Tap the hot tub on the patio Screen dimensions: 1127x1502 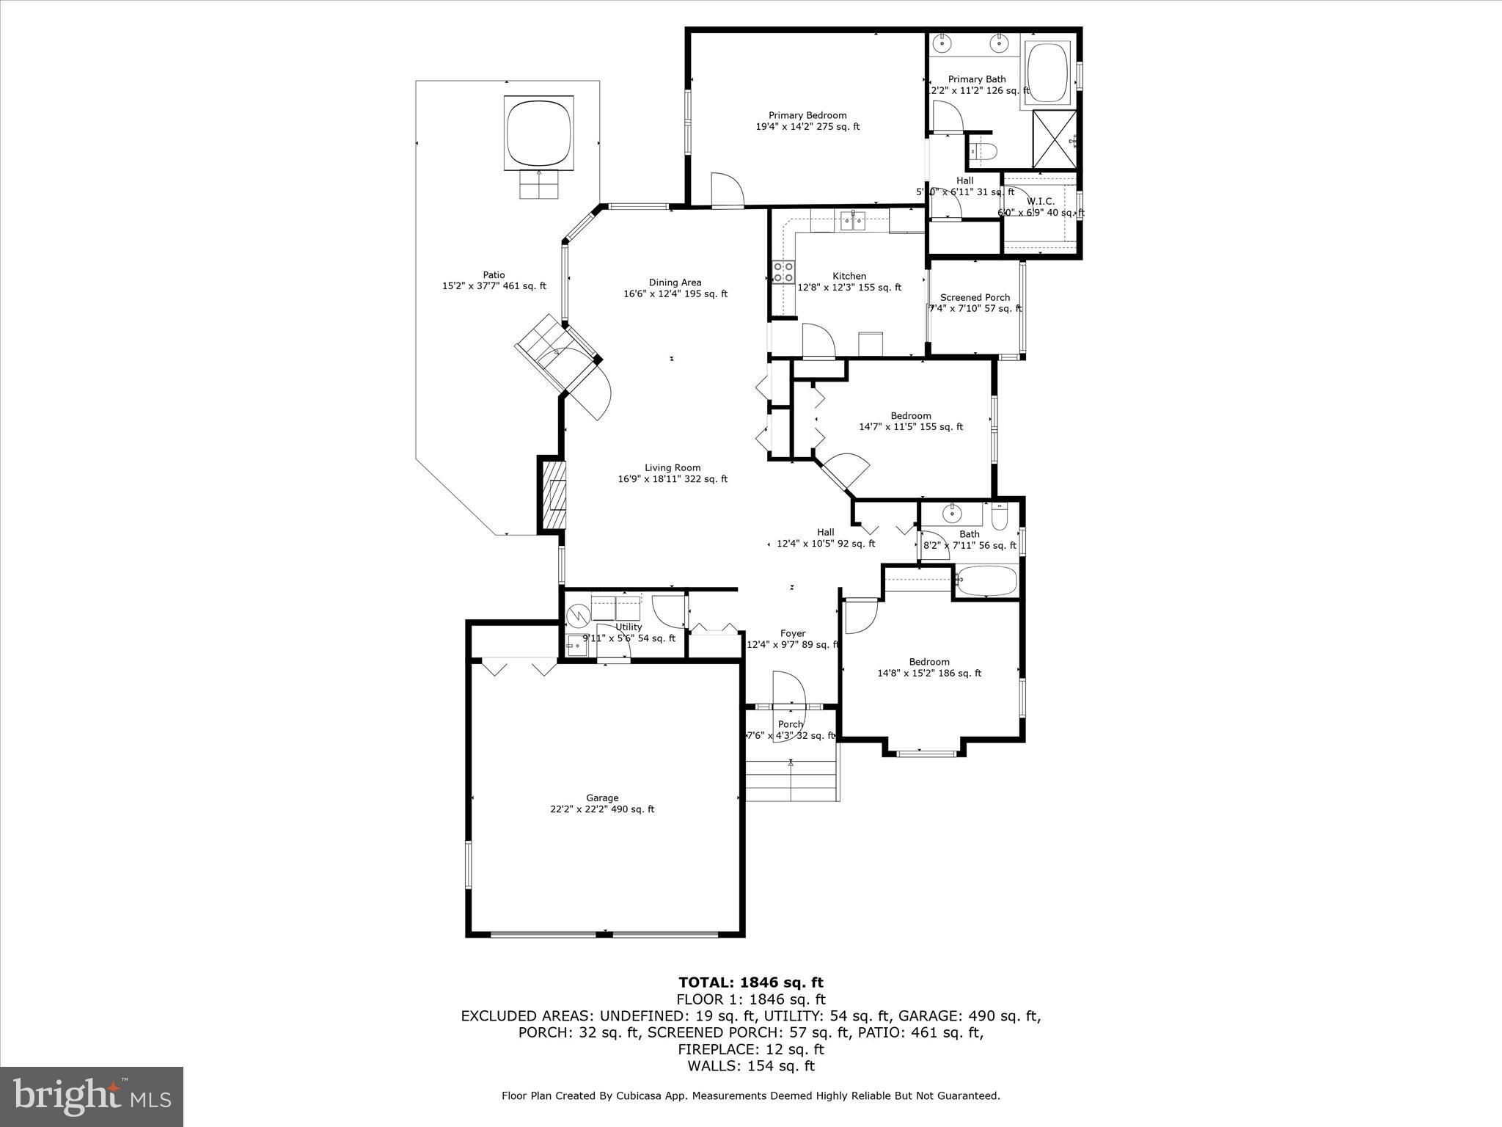(539, 133)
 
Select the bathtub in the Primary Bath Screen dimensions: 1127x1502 (1049, 73)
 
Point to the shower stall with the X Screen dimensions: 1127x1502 (1055, 140)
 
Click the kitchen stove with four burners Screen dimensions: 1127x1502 (783, 272)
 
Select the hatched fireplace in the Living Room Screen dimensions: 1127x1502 (555, 495)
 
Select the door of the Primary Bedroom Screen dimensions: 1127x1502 (727, 191)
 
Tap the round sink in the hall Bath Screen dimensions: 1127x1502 (952, 513)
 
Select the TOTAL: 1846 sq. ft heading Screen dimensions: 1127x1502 (750, 982)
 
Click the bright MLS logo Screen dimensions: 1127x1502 (92, 1096)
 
